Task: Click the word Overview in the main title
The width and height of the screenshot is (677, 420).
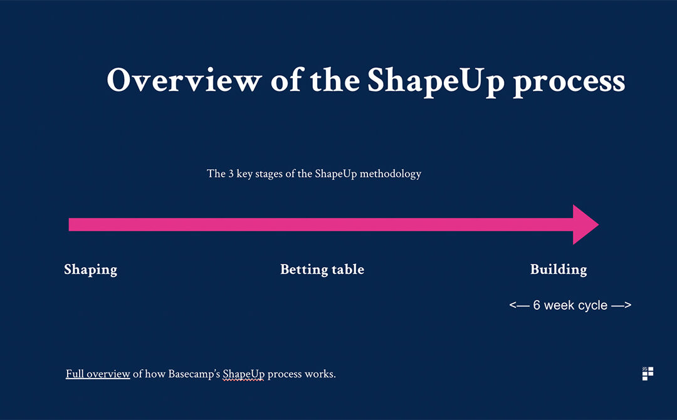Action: point(184,80)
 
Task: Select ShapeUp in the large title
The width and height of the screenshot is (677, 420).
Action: point(436,83)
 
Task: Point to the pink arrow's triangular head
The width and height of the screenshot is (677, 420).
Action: point(585,224)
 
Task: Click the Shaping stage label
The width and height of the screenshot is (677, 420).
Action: point(91,270)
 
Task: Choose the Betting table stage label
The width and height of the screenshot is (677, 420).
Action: point(322,270)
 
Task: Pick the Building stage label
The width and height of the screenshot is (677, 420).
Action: point(559,270)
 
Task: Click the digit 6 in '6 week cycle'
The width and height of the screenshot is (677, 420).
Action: point(537,305)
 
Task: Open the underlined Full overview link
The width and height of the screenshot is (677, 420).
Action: point(98,374)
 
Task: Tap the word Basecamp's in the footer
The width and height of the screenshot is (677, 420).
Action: point(194,374)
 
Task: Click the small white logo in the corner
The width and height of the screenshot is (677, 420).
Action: point(648,374)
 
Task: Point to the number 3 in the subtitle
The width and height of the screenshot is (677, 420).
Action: point(231,174)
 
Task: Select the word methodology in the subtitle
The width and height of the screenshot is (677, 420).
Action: point(391,174)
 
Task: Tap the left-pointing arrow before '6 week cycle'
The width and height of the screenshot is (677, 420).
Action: point(519,306)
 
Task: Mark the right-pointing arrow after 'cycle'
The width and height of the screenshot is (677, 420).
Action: point(621,306)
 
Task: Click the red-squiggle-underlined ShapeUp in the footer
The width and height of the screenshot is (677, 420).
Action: point(243,374)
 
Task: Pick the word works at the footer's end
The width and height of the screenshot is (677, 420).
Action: point(320,374)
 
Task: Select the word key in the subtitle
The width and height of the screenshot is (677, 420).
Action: point(244,174)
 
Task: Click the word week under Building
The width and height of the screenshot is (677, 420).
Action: point(558,305)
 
